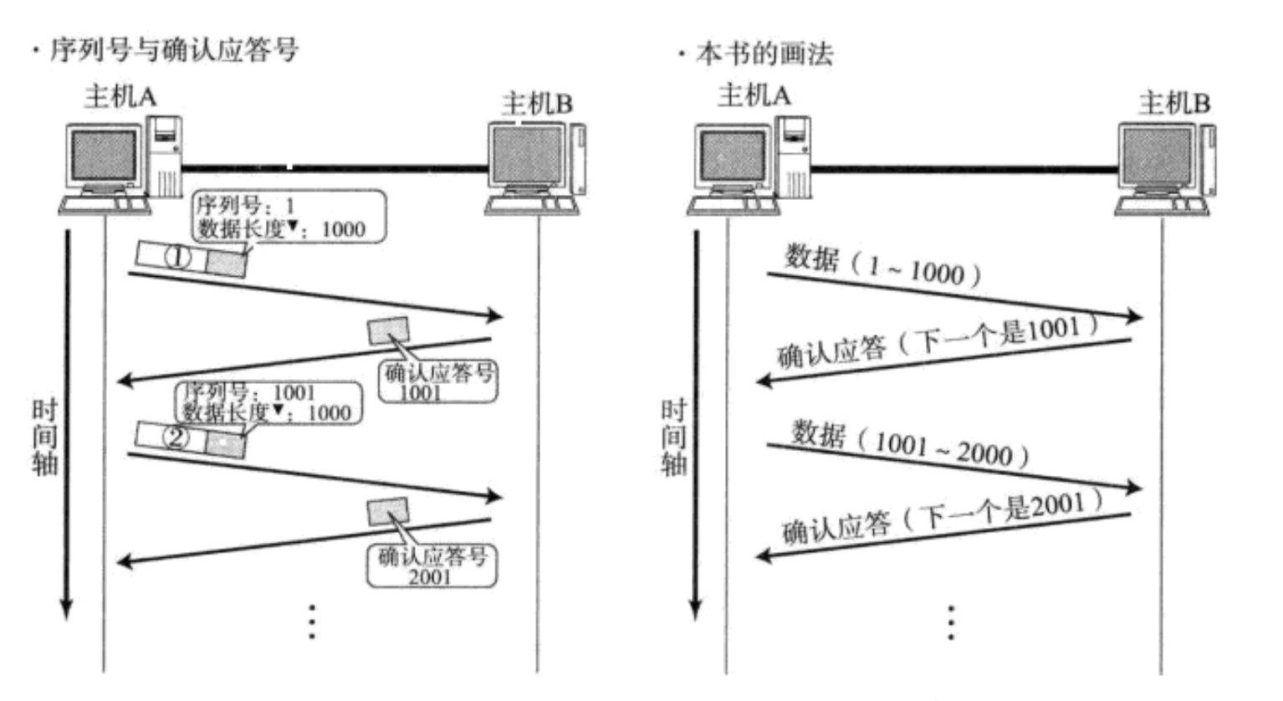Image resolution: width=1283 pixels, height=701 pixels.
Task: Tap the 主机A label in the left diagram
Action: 120,97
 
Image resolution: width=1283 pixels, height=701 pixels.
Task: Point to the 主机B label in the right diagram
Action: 1173,103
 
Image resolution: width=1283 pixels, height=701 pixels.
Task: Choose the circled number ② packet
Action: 176,437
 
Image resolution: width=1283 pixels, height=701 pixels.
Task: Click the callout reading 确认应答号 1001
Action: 437,381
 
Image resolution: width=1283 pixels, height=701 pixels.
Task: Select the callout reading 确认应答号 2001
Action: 432,565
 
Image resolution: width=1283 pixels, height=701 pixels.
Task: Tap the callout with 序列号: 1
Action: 289,217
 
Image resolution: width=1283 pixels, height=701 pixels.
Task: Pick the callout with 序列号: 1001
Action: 268,402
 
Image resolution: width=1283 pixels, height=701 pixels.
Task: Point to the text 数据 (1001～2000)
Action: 910,443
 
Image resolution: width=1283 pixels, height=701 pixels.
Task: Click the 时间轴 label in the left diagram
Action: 44,437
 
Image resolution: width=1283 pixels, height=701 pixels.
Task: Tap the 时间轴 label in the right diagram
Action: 673,437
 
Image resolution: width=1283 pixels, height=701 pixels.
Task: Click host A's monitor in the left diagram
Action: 104,156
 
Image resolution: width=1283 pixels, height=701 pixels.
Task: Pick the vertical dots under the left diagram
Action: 312,622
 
